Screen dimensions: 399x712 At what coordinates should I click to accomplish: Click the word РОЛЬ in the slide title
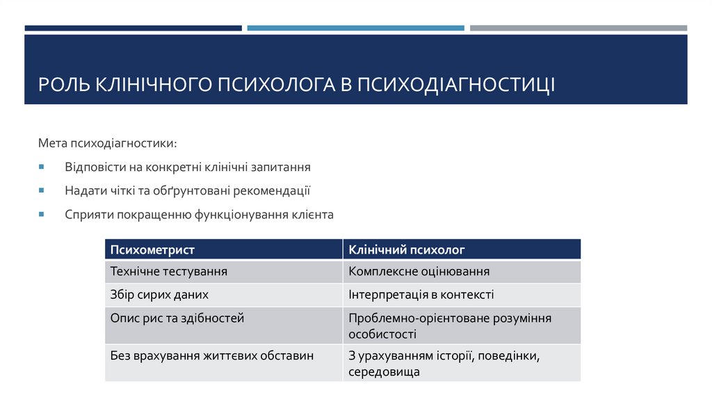(x=61, y=85)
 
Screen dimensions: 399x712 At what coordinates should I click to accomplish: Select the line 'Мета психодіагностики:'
(x=107, y=143)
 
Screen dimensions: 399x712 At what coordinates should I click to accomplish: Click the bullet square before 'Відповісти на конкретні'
(x=41, y=168)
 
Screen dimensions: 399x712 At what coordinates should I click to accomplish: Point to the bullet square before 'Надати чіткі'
(x=41, y=190)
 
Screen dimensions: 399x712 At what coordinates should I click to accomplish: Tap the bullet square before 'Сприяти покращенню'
(x=41, y=213)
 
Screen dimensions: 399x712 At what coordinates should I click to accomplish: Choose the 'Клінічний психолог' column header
(x=407, y=250)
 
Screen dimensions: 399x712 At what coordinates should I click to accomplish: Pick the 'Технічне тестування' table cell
(x=169, y=272)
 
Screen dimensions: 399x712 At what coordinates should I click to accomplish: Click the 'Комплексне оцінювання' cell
(x=419, y=272)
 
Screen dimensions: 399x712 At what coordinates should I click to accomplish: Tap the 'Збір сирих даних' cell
(x=159, y=295)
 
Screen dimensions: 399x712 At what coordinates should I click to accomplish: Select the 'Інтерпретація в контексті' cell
(x=421, y=295)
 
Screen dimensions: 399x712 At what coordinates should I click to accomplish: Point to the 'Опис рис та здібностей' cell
(x=177, y=318)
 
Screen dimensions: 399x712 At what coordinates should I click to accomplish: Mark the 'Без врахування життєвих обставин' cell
(x=212, y=356)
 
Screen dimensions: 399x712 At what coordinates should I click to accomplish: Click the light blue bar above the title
(x=355, y=28)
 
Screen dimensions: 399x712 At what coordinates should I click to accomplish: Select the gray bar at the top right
(x=578, y=28)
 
